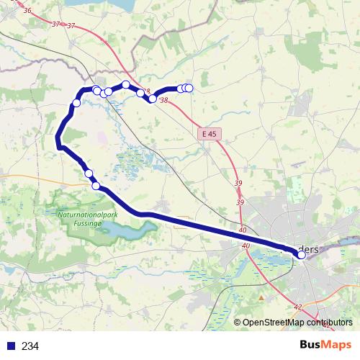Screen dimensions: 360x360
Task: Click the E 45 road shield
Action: [x=209, y=134]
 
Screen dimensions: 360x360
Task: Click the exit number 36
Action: [x=27, y=11]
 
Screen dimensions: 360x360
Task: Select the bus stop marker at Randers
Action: [x=302, y=254]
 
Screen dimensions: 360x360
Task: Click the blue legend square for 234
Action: [x=10, y=346]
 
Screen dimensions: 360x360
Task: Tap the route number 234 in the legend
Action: [x=30, y=346]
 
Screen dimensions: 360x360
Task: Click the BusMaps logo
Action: [x=325, y=346]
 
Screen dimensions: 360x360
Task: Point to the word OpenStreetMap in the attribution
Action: [x=271, y=323]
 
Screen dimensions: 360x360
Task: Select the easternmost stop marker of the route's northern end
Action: [x=189, y=88]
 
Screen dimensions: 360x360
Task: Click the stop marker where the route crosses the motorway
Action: [x=153, y=99]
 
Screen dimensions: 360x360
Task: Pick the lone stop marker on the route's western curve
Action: [x=76, y=104]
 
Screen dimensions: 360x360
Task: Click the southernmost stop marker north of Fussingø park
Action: [x=96, y=186]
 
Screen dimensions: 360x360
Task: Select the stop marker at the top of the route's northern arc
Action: [x=126, y=85]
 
